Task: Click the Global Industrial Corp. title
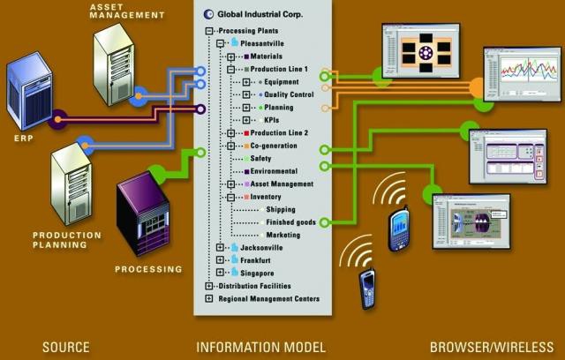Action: [256, 14]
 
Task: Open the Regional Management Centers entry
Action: [268, 299]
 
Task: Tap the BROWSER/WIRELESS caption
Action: [493, 346]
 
